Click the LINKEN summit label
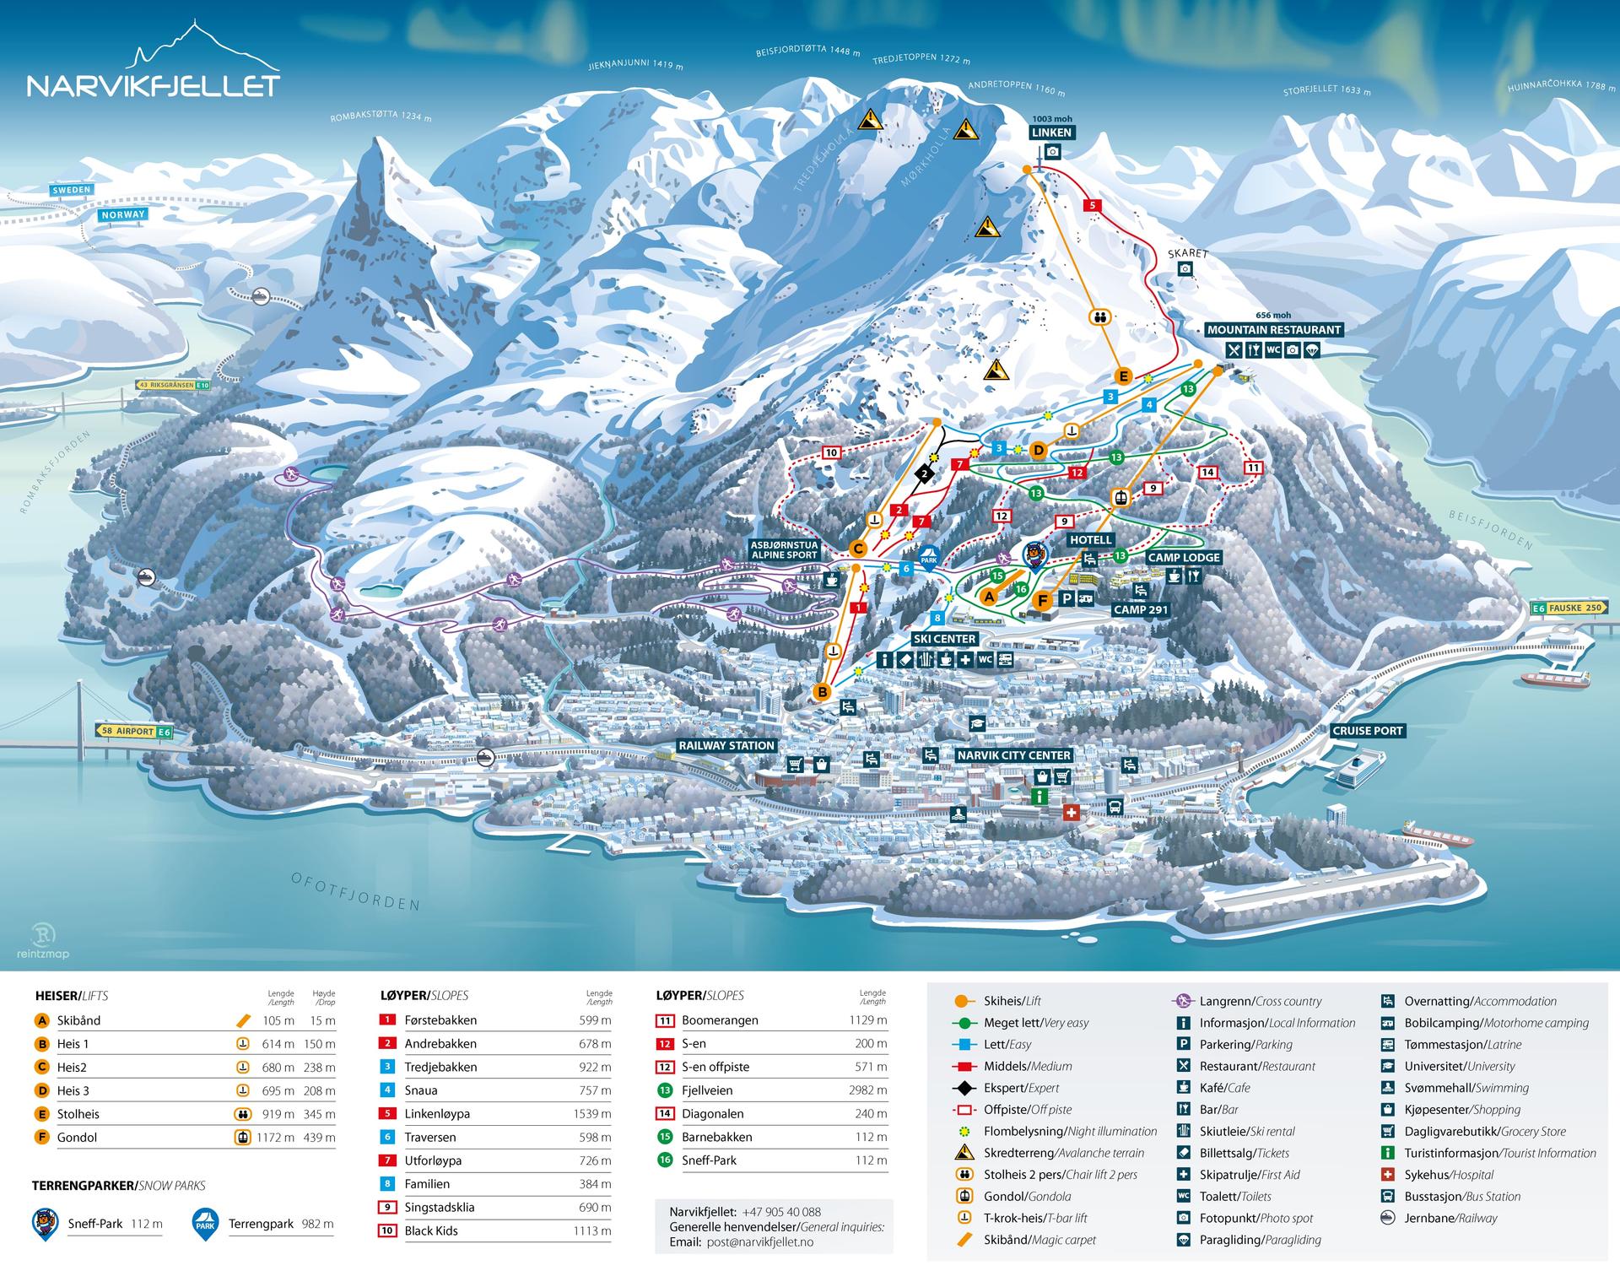pyautogui.click(x=1051, y=133)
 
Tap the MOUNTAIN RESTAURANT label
pyautogui.click(x=1273, y=330)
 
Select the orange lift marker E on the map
pyautogui.click(x=1122, y=376)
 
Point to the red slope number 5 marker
pyautogui.click(x=1093, y=205)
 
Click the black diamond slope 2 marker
pyautogui.click(x=925, y=474)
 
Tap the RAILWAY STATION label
pyautogui.click(x=726, y=745)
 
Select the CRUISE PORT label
pyautogui.click(x=1367, y=731)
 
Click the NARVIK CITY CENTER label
pyautogui.click(x=1014, y=755)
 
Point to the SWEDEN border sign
pyautogui.click(x=71, y=190)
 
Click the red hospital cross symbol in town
pyautogui.click(x=1071, y=813)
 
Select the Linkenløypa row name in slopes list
pyautogui.click(x=437, y=1114)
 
